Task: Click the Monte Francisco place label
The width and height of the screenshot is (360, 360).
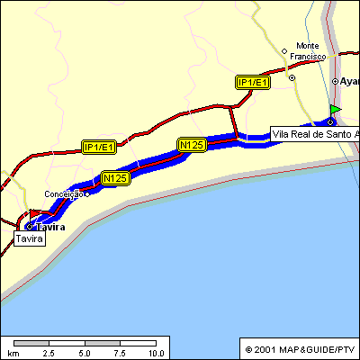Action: click(308, 50)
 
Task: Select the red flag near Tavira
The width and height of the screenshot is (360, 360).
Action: click(34, 213)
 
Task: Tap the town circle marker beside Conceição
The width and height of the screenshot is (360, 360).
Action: click(86, 193)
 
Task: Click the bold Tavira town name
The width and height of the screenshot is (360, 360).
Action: click(52, 228)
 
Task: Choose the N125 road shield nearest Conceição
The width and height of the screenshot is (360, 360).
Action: click(115, 178)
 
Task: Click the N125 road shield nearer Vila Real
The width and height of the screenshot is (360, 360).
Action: click(193, 144)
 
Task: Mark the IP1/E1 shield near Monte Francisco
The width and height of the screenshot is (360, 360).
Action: click(253, 83)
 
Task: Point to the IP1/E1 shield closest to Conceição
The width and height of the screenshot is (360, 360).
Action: click(98, 147)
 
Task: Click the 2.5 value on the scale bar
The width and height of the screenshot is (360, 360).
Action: click(50, 353)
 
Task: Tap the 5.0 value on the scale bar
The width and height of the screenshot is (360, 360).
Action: click(85, 353)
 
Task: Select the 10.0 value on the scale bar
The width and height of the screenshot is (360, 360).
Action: click(155, 353)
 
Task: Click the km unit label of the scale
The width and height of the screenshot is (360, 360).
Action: click(13, 353)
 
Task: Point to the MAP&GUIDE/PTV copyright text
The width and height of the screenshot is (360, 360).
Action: click(301, 349)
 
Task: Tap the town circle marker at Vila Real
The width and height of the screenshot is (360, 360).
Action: click(330, 122)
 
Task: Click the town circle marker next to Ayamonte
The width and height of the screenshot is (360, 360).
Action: click(335, 81)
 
